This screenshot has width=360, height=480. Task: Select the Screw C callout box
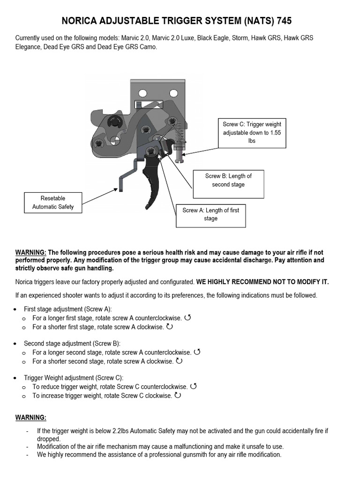click(x=252, y=133)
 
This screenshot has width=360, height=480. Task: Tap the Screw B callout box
click(x=228, y=180)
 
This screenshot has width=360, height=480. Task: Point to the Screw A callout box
click(x=210, y=214)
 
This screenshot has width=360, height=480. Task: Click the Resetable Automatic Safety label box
click(x=53, y=202)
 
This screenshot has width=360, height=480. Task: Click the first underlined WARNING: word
click(x=31, y=252)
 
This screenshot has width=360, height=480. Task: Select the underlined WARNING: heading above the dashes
click(x=31, y=417)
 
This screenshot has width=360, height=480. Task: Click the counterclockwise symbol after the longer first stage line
click(x=188, y=318)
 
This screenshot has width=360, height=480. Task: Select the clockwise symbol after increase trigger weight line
click(x=178, y=396)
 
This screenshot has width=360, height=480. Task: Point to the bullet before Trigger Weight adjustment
click(x=16, y=378)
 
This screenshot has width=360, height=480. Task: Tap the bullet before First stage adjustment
click(x=16, y=309)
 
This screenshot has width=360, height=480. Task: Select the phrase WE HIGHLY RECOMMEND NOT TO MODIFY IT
click(x=262, y=282)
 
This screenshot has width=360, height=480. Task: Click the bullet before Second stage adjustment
click(x=16, y=344)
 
